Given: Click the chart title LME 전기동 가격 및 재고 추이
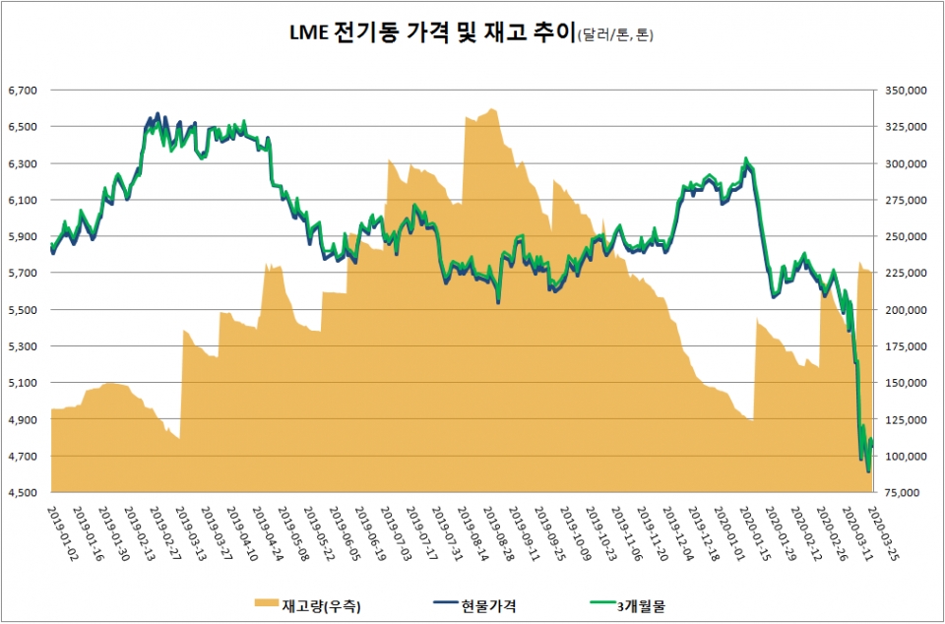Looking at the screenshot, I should click(x=428, y=36).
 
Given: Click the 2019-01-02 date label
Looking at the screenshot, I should click(x=65, y=531).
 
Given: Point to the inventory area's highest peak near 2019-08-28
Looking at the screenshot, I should click(x=491, y=109).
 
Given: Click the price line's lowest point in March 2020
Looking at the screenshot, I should click(x=868, y=472).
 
